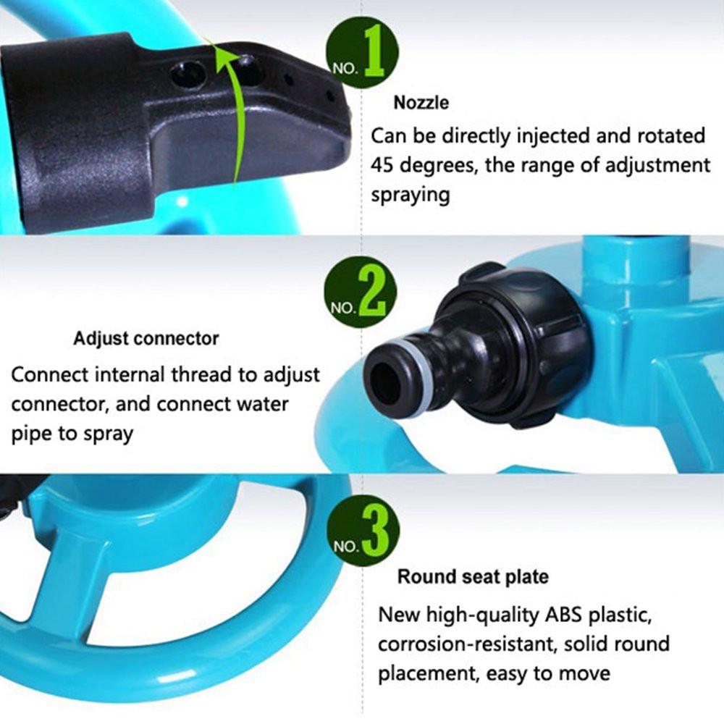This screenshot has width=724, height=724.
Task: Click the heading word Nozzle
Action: tap(421, 103)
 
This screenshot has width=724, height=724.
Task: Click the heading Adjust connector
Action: tap(146, 338)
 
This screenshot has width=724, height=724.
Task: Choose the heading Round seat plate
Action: tap(472, 577)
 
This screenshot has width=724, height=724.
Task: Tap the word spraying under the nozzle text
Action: tap(410, 195)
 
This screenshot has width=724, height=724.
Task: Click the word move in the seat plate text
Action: tap(586, 674)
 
